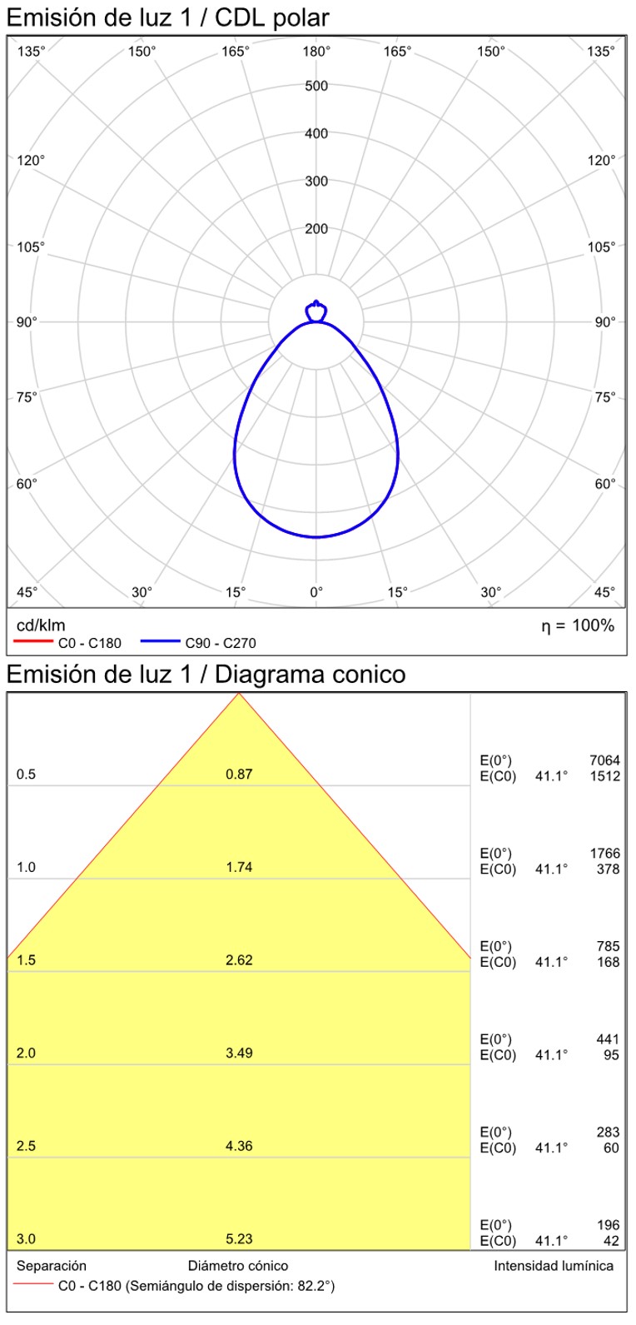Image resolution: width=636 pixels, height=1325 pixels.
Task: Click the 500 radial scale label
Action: (316, 86)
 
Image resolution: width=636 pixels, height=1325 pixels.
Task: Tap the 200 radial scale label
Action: (316, 229)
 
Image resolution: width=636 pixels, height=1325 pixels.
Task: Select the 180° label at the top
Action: (316, 52)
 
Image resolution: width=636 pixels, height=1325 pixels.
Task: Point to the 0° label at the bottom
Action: (316, 592)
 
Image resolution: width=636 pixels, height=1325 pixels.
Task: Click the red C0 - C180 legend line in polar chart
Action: (33, 642)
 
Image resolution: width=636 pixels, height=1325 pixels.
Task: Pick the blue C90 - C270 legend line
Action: (160, 642)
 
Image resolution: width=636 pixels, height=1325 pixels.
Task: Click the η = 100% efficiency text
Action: (578, 625)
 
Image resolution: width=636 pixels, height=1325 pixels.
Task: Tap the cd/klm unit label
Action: (41, 625)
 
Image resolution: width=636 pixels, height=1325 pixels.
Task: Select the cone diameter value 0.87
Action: (239, 775)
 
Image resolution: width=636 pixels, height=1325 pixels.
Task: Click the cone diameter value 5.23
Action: (239, 1238)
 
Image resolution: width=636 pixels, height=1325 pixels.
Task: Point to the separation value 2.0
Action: (26, 1053)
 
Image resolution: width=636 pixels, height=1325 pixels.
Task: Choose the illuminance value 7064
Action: (604, 760)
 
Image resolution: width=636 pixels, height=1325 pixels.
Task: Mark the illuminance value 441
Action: (608, 1039)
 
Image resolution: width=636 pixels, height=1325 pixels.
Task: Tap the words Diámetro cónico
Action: (238, 1266)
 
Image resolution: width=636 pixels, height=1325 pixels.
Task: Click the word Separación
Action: (52, 1266)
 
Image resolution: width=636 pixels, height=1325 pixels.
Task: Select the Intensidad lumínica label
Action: (554, 1266)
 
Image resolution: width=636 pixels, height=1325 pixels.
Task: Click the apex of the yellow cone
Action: (239, 694)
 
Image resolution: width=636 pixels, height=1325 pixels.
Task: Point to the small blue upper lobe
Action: (316, 311)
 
